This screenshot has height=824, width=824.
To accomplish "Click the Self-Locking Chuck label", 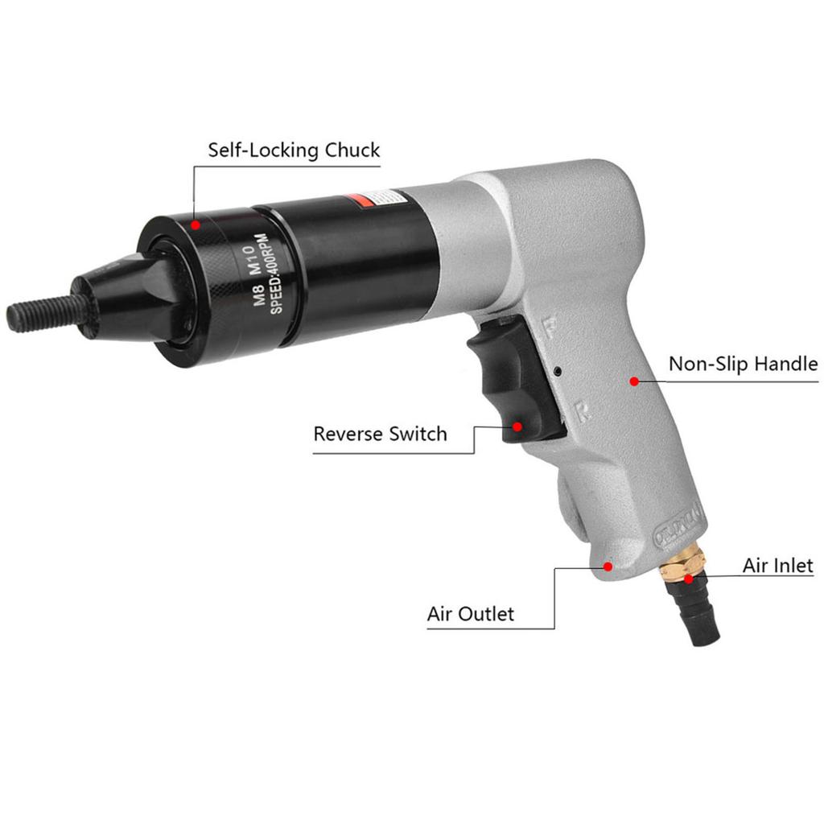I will pyautogui.click(x=294, y=150).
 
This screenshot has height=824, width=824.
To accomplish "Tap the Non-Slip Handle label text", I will pyautogui.click(x=743, y=364).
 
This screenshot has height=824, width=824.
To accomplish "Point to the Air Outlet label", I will pyautogui.click(x=470, y=614).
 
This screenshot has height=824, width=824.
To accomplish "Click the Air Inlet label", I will pyautogui.click(x=777, y=565).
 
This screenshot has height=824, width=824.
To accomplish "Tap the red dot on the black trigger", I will pyautogui.click(x=517, y=426).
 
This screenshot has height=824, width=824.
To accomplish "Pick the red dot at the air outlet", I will pyautogui.click(x=608, y=566).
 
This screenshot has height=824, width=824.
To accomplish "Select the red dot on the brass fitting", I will pyautogui.click(x=689, y=578).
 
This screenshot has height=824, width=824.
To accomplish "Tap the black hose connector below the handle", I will pyautogui.click(x=698, y=616).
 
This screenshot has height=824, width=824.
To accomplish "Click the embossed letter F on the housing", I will pyautogui.click(x=551, y=327).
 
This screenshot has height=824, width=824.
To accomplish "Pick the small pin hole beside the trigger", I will pyautogui.click(x=558, y=371).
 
